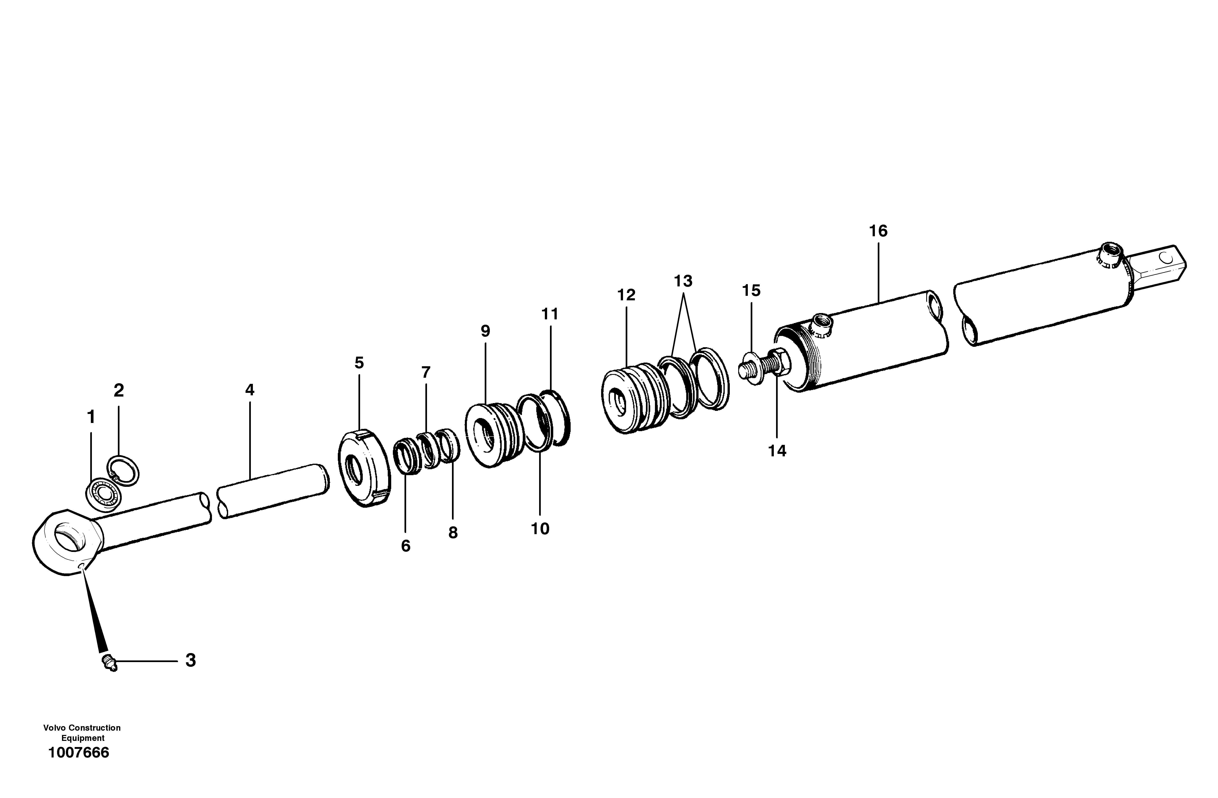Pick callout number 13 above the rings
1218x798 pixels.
683,281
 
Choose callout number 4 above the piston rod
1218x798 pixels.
249,390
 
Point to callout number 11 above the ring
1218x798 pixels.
550,314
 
